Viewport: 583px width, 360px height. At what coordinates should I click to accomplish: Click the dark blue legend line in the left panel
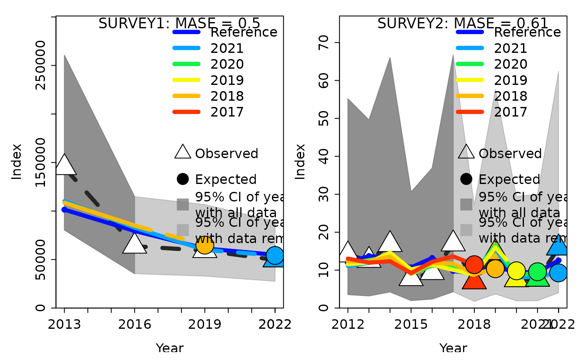pyautogui.click(x=186, y=32)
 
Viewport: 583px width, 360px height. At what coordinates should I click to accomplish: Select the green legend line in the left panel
pyautogui.click(x=186, y=64)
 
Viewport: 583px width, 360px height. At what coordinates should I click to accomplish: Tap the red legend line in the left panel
pyautogui.click(x=186, y=112)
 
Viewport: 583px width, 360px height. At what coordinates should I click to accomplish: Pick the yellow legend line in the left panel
pyautogui.click(x=186, y=79)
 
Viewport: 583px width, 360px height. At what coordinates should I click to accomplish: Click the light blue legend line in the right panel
pyautogui.click(x=470, y=48)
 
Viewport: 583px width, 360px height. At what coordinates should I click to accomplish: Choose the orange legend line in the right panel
pyautogui.click(x=470, y=96)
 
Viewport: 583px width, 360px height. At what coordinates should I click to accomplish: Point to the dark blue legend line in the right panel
pyautogui.click(x=470, y=32)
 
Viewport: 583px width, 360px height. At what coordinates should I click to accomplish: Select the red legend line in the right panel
pyautogui.click(x=470, y=112)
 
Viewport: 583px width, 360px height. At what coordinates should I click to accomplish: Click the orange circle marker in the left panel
pyautogui.click(x=205, y=245)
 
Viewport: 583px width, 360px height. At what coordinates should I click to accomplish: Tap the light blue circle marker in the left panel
pyautogui.click(x=275, y=255)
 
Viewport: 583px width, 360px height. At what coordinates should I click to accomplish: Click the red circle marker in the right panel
pyautogui.click(x=474, y=265)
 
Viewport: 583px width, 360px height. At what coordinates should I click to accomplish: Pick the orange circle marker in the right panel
pyautogui.click(x=495, y=268)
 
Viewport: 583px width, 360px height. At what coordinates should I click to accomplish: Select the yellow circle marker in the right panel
pyautogui.click(x=516, y=271)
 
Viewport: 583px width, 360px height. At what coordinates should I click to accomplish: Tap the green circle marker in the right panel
pyautogui.click(x=537, y=272)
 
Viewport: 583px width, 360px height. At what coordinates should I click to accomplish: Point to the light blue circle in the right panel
pyautogui.click(x=558, y=273)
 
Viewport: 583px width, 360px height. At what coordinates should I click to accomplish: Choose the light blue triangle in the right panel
pyautogui.click(x=558, y=247)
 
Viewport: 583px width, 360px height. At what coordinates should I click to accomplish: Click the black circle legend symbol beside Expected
pyautogui.click(x=466, y=179)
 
